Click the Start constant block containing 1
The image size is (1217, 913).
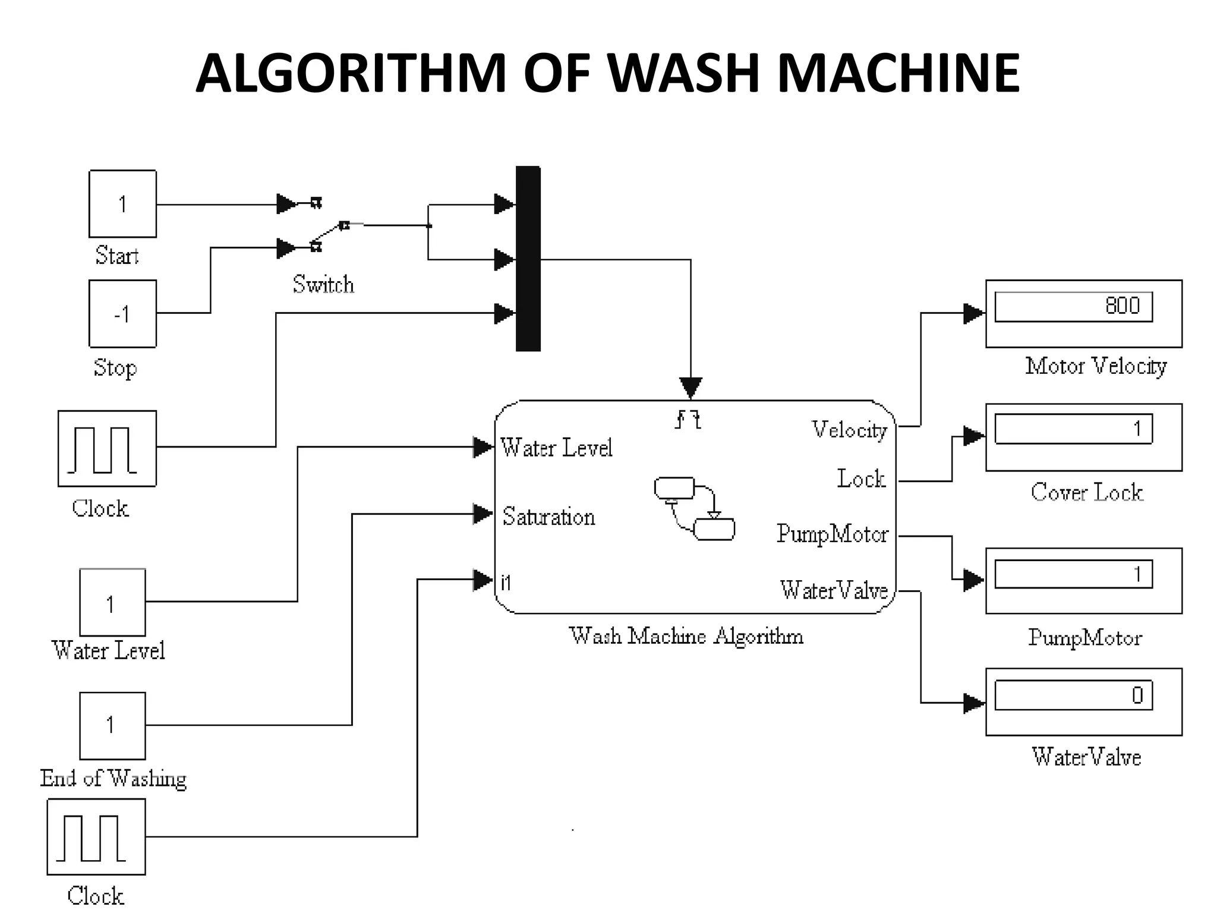[x=122, y=204]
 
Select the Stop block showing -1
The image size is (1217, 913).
[x=122, y=313]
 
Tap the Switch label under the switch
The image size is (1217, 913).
[x=323, y=284]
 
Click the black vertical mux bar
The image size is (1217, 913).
[x=528, y=259]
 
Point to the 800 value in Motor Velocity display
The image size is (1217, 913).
[x=1122, y=306]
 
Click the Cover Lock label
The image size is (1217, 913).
[x=1086, y=492]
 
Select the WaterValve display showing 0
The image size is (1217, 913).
[x=1073, y=695]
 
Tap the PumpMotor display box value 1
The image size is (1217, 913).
[x=1073, y=574]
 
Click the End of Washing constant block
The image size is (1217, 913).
[x=112, y=725]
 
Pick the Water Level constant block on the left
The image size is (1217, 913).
[x=112, y=602]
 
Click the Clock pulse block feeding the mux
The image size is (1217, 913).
[x=107, y=448]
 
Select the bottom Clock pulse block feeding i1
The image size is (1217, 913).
[x=96, y=836]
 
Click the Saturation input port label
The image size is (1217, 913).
[x=548, y=517]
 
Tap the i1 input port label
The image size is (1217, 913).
[x=506, y=583]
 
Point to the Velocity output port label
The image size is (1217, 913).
[x=849, y=430]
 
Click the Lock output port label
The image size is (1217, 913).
[x=861, y=478]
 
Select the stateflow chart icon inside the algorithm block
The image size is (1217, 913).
[x=694, y=508]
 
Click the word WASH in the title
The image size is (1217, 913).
[x=683, y=73]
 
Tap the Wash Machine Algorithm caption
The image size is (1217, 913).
[x=686, y=636]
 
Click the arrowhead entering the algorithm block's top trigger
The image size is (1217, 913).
[x=691, y=388]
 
